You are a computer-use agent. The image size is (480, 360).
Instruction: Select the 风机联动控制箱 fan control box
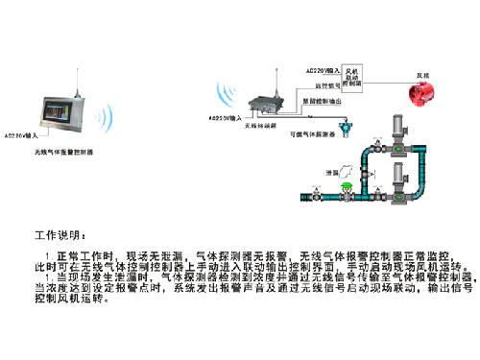353,79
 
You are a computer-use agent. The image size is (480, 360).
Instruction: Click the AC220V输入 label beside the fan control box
321,71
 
